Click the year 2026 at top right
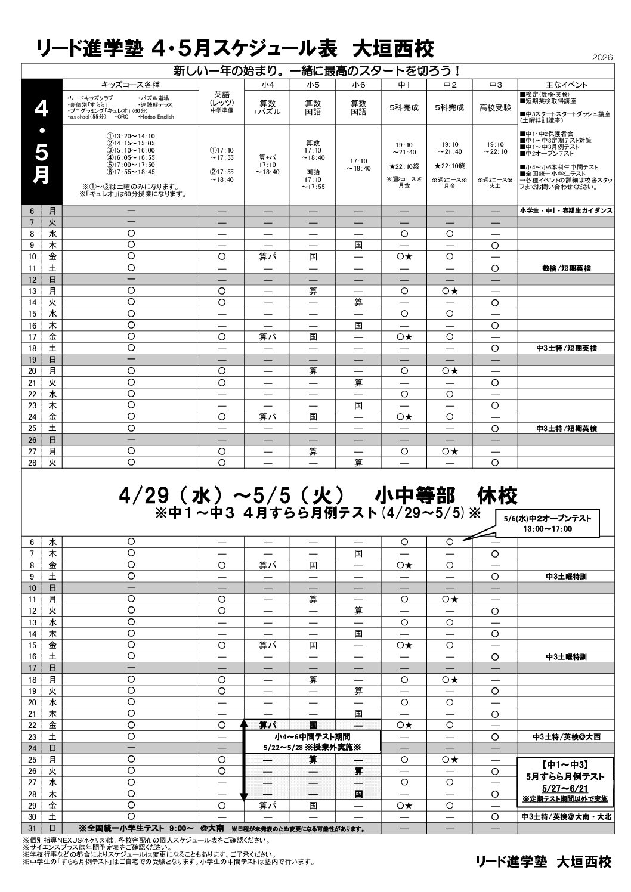click(x=603, y=57)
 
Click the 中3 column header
click(x=494, y=85)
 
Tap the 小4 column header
click(x=267, y=85)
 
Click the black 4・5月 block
click(x=42, y=142)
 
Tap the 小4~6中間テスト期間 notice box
click(x=313, y=742)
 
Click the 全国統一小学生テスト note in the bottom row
click(x=151, y=828)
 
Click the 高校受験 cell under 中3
click(x=494, y=108)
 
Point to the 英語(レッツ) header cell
click(x=221, y=102)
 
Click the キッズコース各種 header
click(x=131, y=85)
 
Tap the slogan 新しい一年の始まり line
click(x=317, y=70)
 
